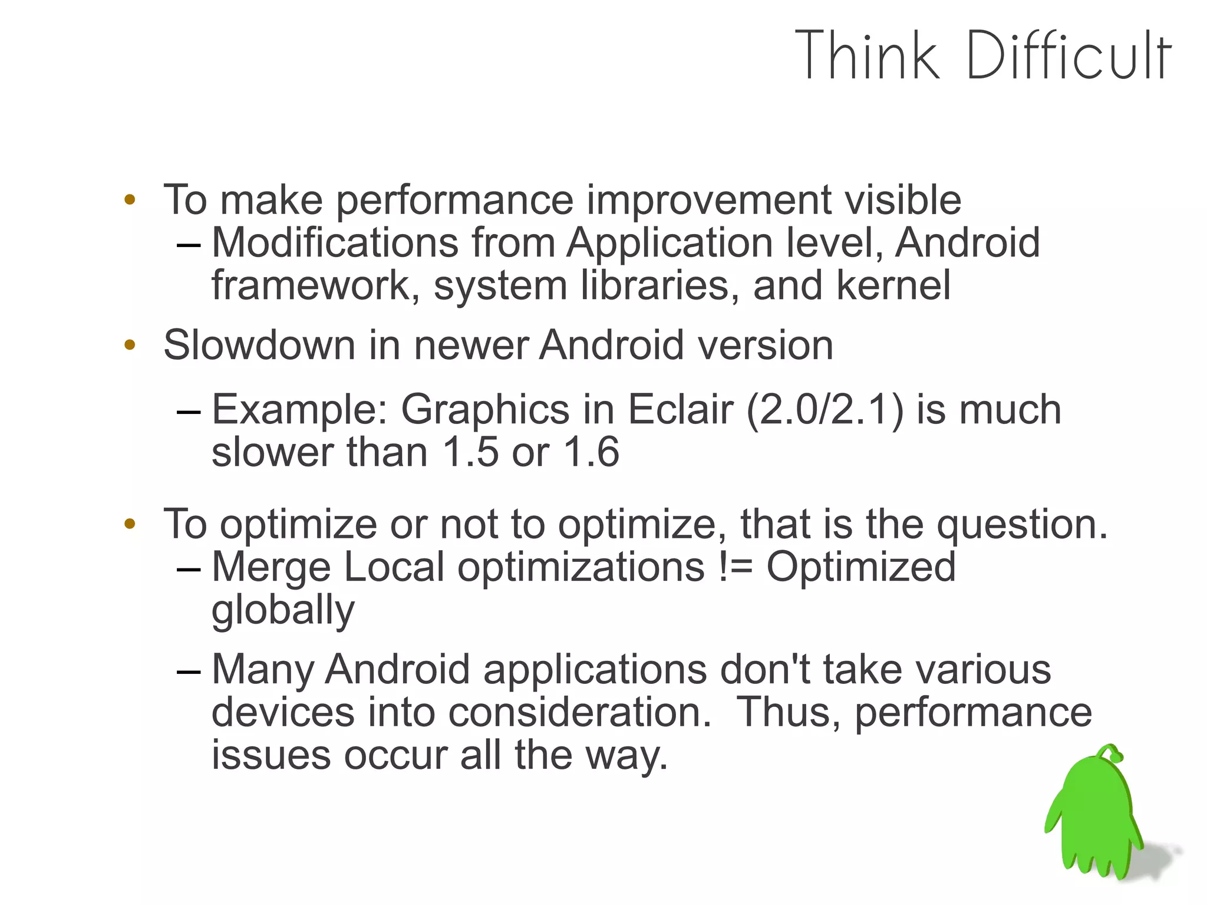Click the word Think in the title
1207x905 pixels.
(866, 55)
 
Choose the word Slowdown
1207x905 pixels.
(259, 345)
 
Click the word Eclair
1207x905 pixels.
(680, 409)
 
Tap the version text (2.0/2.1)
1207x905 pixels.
(825, 409)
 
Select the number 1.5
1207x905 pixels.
(470, 452)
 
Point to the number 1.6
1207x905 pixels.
(591, 452)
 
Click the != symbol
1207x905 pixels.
(736, 567)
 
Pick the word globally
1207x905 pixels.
(283, 610)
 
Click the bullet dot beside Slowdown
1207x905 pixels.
(130, 345)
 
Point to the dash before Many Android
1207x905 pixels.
(189, 671)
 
